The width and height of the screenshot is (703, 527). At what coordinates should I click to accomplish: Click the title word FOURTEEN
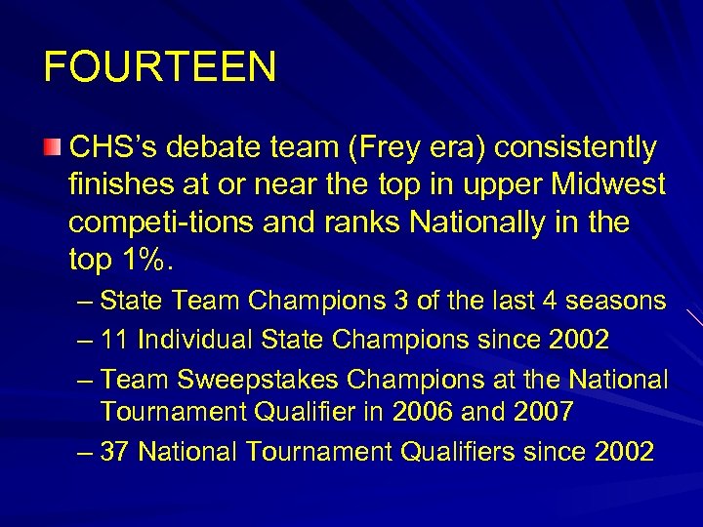160,67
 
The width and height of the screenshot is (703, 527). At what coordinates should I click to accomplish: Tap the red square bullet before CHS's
52,147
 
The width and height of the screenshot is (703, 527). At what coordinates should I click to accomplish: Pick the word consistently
576,148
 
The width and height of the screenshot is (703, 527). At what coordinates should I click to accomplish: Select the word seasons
614,300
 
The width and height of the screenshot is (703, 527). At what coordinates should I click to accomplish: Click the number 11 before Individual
115,339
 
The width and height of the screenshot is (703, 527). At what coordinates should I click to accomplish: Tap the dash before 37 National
85,451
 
